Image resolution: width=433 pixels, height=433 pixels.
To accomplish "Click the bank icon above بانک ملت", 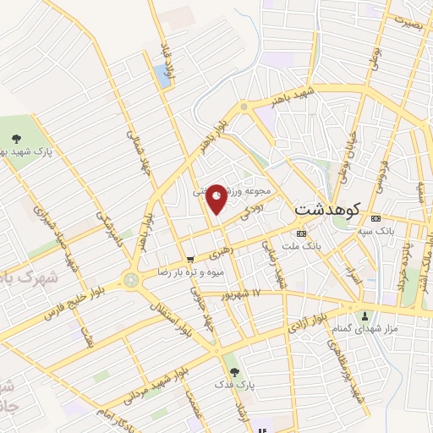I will [301, 233].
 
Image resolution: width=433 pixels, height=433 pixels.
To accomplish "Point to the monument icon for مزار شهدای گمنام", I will [366, 316].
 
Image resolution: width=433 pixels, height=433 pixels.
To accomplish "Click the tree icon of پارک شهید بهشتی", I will [16, 137].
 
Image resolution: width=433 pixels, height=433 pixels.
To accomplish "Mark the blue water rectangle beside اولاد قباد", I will [162, 75].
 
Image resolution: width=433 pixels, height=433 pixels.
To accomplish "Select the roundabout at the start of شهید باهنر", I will [244, 107].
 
